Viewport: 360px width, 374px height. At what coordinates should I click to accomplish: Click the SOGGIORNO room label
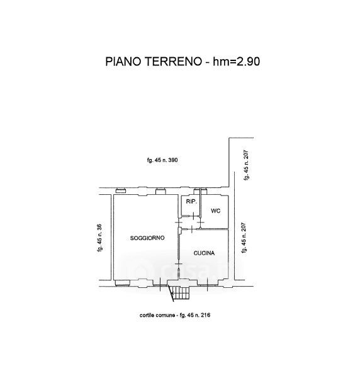coord(147,238)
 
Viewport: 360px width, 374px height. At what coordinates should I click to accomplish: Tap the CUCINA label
coord(204,253)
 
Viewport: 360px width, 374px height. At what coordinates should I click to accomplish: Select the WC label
coord(216,211)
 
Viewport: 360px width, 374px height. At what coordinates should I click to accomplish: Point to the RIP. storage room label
coord(191,202)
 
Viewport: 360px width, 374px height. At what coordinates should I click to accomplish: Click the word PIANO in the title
coord(123,62)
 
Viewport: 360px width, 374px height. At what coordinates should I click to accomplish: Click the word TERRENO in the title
coord(174,62)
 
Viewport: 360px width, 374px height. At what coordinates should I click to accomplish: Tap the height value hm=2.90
coord(237,62)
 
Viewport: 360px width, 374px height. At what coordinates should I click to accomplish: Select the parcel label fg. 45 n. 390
coord(162,160)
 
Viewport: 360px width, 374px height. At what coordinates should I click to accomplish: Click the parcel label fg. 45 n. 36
coord(100,238)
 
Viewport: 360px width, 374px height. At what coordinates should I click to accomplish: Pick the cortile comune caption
coord(157,315)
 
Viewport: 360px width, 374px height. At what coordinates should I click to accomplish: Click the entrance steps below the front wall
coord(181,293)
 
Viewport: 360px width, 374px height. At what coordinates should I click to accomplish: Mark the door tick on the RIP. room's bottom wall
coord(193,216)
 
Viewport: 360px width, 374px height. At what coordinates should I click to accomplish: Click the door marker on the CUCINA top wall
coord(192,229)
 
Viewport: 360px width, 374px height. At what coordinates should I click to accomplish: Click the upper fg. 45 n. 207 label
coord(246,165)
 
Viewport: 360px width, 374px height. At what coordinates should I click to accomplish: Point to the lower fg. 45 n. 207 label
coord(244,238)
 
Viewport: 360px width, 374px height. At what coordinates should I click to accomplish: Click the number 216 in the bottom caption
coord(206,315)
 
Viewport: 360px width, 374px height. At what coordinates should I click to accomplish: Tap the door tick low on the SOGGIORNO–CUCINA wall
coord(179,264)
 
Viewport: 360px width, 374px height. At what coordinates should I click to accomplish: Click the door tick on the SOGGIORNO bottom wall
coord(160,282)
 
